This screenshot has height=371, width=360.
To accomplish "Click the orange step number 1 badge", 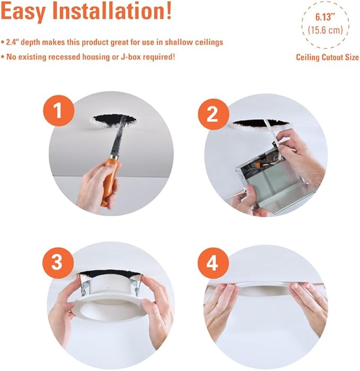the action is [58, 111].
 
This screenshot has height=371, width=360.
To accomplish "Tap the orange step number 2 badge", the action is [213, 114].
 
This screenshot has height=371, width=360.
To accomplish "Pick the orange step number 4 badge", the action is [213, 263].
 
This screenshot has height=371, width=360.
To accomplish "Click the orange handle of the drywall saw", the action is [110, 181].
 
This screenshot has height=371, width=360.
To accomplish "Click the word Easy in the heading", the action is [23, 11].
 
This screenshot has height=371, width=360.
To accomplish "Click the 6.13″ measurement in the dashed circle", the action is [326, 17].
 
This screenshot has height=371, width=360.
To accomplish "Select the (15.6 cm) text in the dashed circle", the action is [326, 30].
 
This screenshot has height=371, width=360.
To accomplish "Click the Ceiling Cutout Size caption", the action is [327, 57].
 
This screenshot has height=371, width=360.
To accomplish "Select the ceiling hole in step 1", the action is [115, 121].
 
